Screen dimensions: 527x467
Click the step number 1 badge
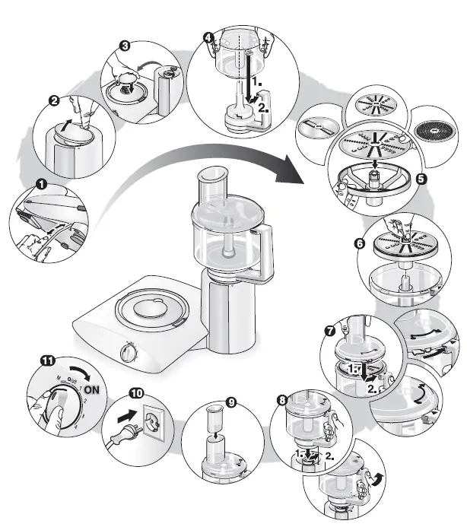[40, 183]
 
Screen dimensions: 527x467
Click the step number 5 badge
[421, 181]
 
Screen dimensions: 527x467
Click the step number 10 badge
[135, 393]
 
